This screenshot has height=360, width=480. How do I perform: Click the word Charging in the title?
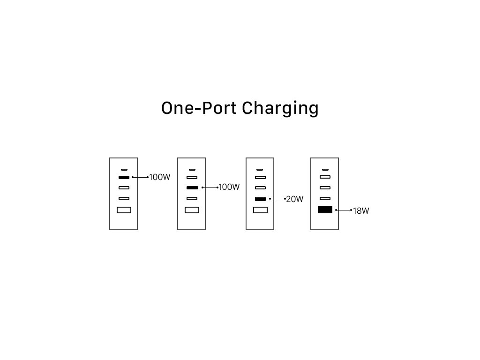280,109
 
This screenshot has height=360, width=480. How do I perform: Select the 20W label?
295,199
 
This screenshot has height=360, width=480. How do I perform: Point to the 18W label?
361,210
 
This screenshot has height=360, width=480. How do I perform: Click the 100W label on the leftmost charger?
159,177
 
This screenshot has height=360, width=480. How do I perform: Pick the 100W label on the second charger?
229,187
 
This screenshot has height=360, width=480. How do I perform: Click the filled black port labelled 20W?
260,199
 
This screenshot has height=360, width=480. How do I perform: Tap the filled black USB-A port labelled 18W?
325,210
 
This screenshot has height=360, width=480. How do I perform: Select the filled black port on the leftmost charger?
124,177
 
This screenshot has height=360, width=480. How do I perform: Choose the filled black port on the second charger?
192,187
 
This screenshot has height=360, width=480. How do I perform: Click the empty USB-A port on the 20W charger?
260,210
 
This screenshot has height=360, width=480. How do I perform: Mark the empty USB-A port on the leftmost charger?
124,210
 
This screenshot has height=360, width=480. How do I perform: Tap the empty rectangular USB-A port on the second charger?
192,210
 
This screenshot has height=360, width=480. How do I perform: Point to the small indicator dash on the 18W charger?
325,170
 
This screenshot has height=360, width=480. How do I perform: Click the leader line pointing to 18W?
344,210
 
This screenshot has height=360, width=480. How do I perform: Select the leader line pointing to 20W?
277,199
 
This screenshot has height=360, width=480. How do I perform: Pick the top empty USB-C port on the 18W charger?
325,177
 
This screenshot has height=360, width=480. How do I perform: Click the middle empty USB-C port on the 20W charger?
260,187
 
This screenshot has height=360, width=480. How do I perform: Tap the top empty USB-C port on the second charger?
192,177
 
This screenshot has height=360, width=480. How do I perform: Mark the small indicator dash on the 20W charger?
260,170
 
